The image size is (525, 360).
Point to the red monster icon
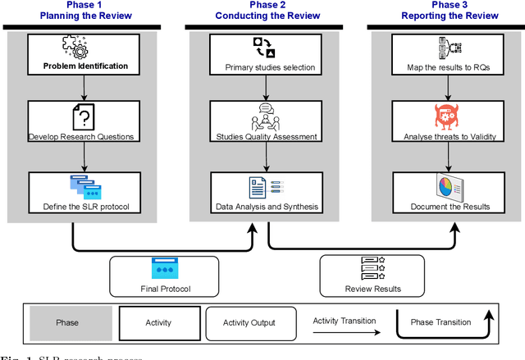pyautogui.click(x=445, y=117)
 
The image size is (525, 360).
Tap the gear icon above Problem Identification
pyautogui.click(x=75, y=47)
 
